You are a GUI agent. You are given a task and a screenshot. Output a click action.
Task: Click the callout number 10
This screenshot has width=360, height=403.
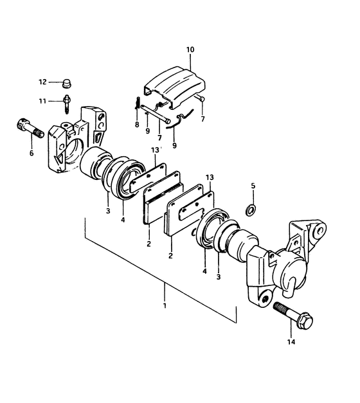tap(190, 49)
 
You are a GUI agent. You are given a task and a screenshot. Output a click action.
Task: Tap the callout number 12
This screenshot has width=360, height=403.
tap(42, 82)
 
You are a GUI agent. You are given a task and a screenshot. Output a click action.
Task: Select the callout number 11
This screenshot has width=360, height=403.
tap(42, 101)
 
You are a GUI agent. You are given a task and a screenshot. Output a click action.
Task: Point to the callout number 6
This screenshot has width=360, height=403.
tap(32, 153)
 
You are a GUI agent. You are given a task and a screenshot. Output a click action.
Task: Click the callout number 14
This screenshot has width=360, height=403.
tap(291, 342)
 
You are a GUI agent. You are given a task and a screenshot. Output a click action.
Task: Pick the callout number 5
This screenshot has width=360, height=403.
tap(253, 186)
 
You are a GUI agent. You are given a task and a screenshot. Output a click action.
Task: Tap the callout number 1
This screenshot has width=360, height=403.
tap(165, 306)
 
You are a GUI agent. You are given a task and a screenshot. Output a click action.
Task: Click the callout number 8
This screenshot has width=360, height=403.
tap(137, 125)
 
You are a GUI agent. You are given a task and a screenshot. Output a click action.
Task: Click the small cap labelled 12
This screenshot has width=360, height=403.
tap(67, 83)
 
